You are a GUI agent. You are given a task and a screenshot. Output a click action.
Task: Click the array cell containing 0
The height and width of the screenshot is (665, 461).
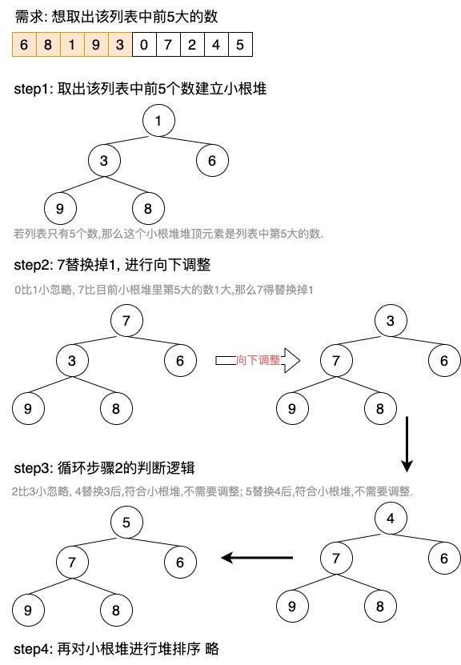click(144, 44)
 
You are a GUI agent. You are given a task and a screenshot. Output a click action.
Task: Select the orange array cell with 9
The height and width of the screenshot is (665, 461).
click(96, 44)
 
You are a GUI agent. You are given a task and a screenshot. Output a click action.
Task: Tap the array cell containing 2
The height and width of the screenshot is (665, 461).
click(192, 44)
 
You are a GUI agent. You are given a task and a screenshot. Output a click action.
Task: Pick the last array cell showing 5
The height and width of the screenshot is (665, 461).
click(240, 44)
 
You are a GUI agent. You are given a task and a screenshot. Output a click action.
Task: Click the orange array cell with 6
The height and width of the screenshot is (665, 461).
click(24, 44)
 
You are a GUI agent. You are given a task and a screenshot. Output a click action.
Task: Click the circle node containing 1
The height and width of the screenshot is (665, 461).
click(158, 121)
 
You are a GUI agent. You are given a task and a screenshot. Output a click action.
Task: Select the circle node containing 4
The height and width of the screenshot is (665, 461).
click(391, 519)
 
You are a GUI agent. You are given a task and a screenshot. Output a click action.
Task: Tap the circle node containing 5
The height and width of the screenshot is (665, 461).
click(126, 522)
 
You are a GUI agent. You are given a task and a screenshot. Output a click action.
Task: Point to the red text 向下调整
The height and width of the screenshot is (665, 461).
click(258, 360)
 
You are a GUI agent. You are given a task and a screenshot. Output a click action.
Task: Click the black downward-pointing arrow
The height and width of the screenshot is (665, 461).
click(407, 444)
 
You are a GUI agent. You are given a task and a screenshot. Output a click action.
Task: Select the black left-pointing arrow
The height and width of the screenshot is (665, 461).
click(257, 557)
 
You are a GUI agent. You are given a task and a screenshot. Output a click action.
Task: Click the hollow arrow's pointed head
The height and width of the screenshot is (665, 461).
click(300, 360)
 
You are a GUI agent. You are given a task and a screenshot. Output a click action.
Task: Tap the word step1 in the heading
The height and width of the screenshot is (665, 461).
click(32, 89)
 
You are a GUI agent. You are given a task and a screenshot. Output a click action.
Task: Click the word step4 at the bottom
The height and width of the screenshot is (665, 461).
click(32, 649)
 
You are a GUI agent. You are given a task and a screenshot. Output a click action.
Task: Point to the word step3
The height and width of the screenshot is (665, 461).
click(32, 468)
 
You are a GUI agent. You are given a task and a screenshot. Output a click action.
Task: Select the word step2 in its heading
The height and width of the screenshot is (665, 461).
click(32, 265)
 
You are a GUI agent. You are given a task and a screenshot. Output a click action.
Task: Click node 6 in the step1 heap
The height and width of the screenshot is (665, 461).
click(212, 160)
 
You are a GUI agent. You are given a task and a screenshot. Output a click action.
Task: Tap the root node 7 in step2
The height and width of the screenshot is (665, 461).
click(126, 321)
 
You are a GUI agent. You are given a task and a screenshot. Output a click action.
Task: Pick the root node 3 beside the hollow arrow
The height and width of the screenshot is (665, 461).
click(391, 321)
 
